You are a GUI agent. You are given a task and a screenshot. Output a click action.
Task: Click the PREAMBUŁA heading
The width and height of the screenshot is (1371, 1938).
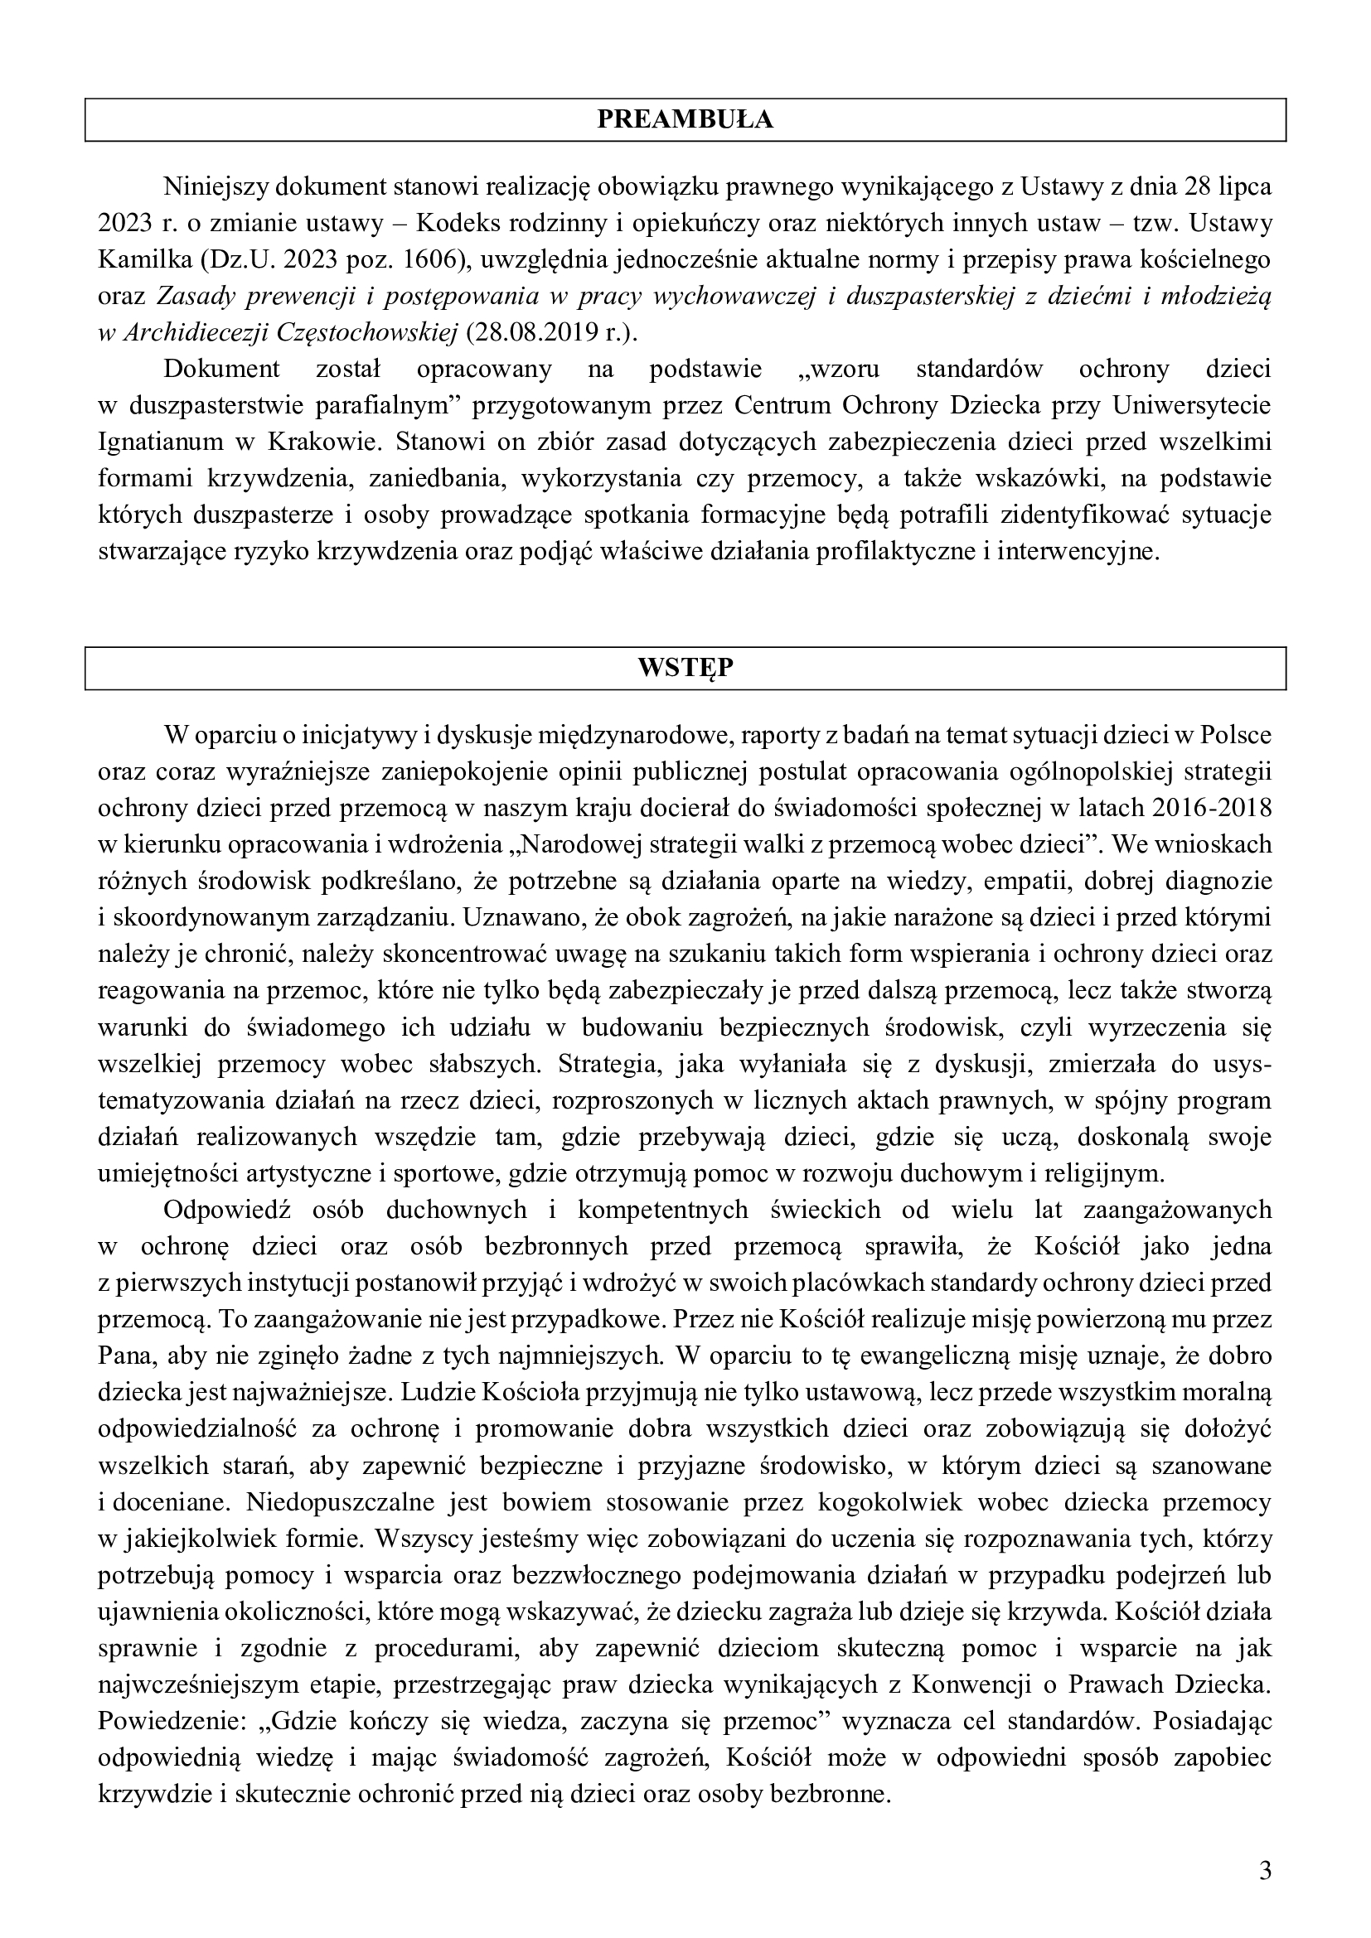click(x=685, y=120)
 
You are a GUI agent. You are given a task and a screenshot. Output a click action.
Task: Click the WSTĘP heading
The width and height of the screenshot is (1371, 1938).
click(x=685, y=669)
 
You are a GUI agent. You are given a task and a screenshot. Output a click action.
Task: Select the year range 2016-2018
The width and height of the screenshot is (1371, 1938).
click(x=1210, y=808)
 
